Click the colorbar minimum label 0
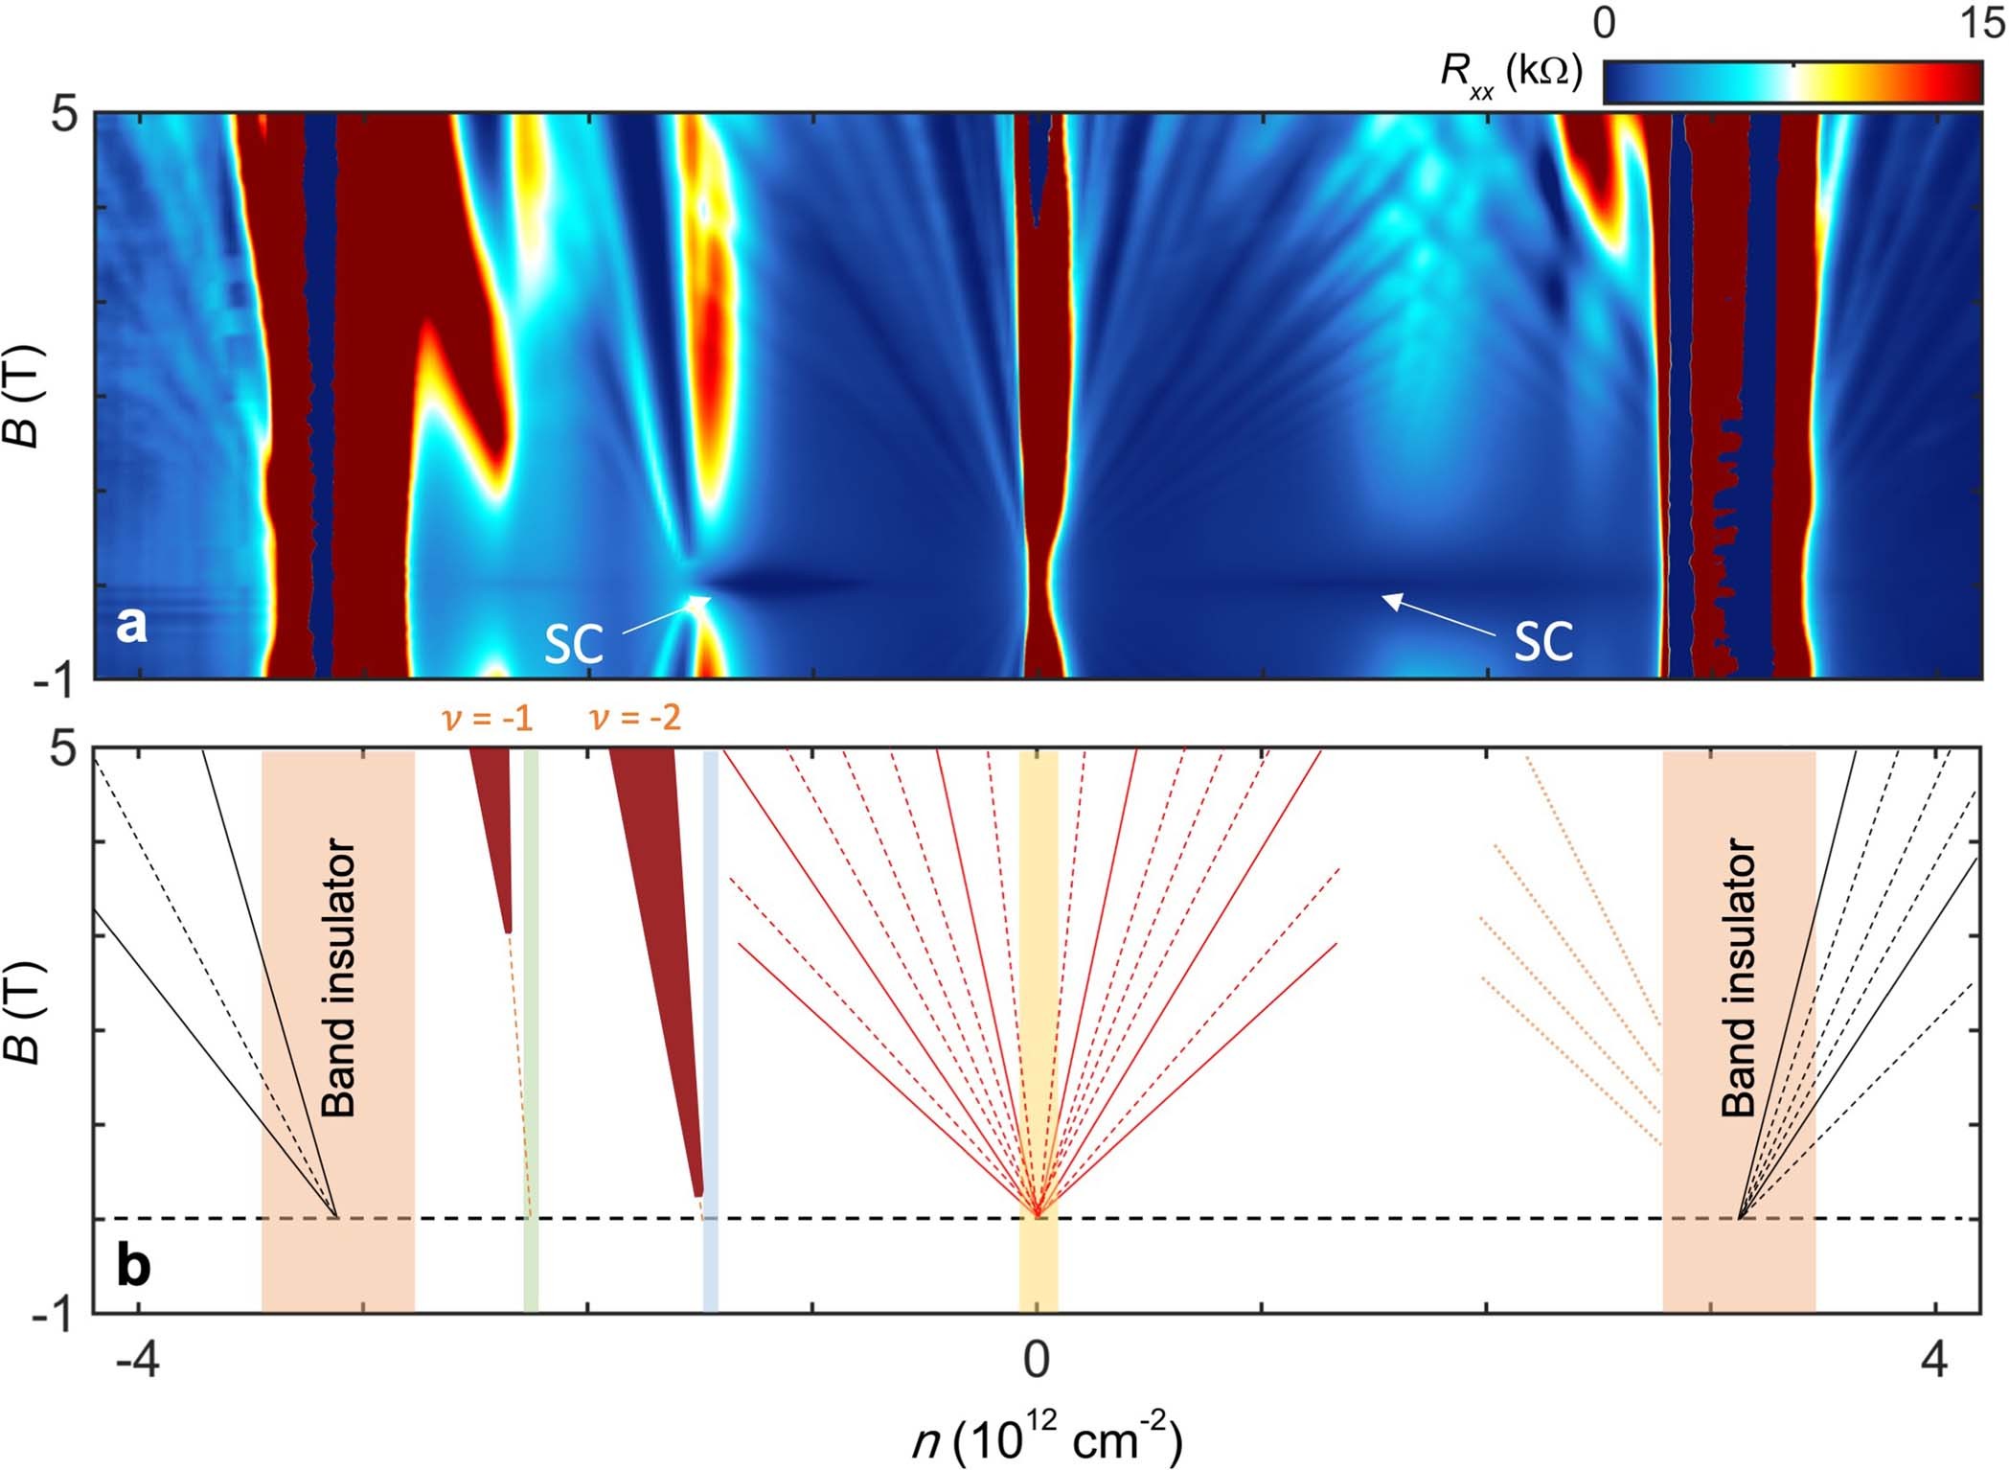1605,23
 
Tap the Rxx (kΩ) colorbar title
1511,72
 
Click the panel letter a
131,626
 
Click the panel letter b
133,1266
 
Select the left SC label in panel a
573,644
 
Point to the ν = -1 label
488,718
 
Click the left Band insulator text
338,977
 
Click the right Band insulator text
1739,977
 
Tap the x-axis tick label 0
1036,1361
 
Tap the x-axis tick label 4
1935,1361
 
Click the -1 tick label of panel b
54,1317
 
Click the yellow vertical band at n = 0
1039,1275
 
